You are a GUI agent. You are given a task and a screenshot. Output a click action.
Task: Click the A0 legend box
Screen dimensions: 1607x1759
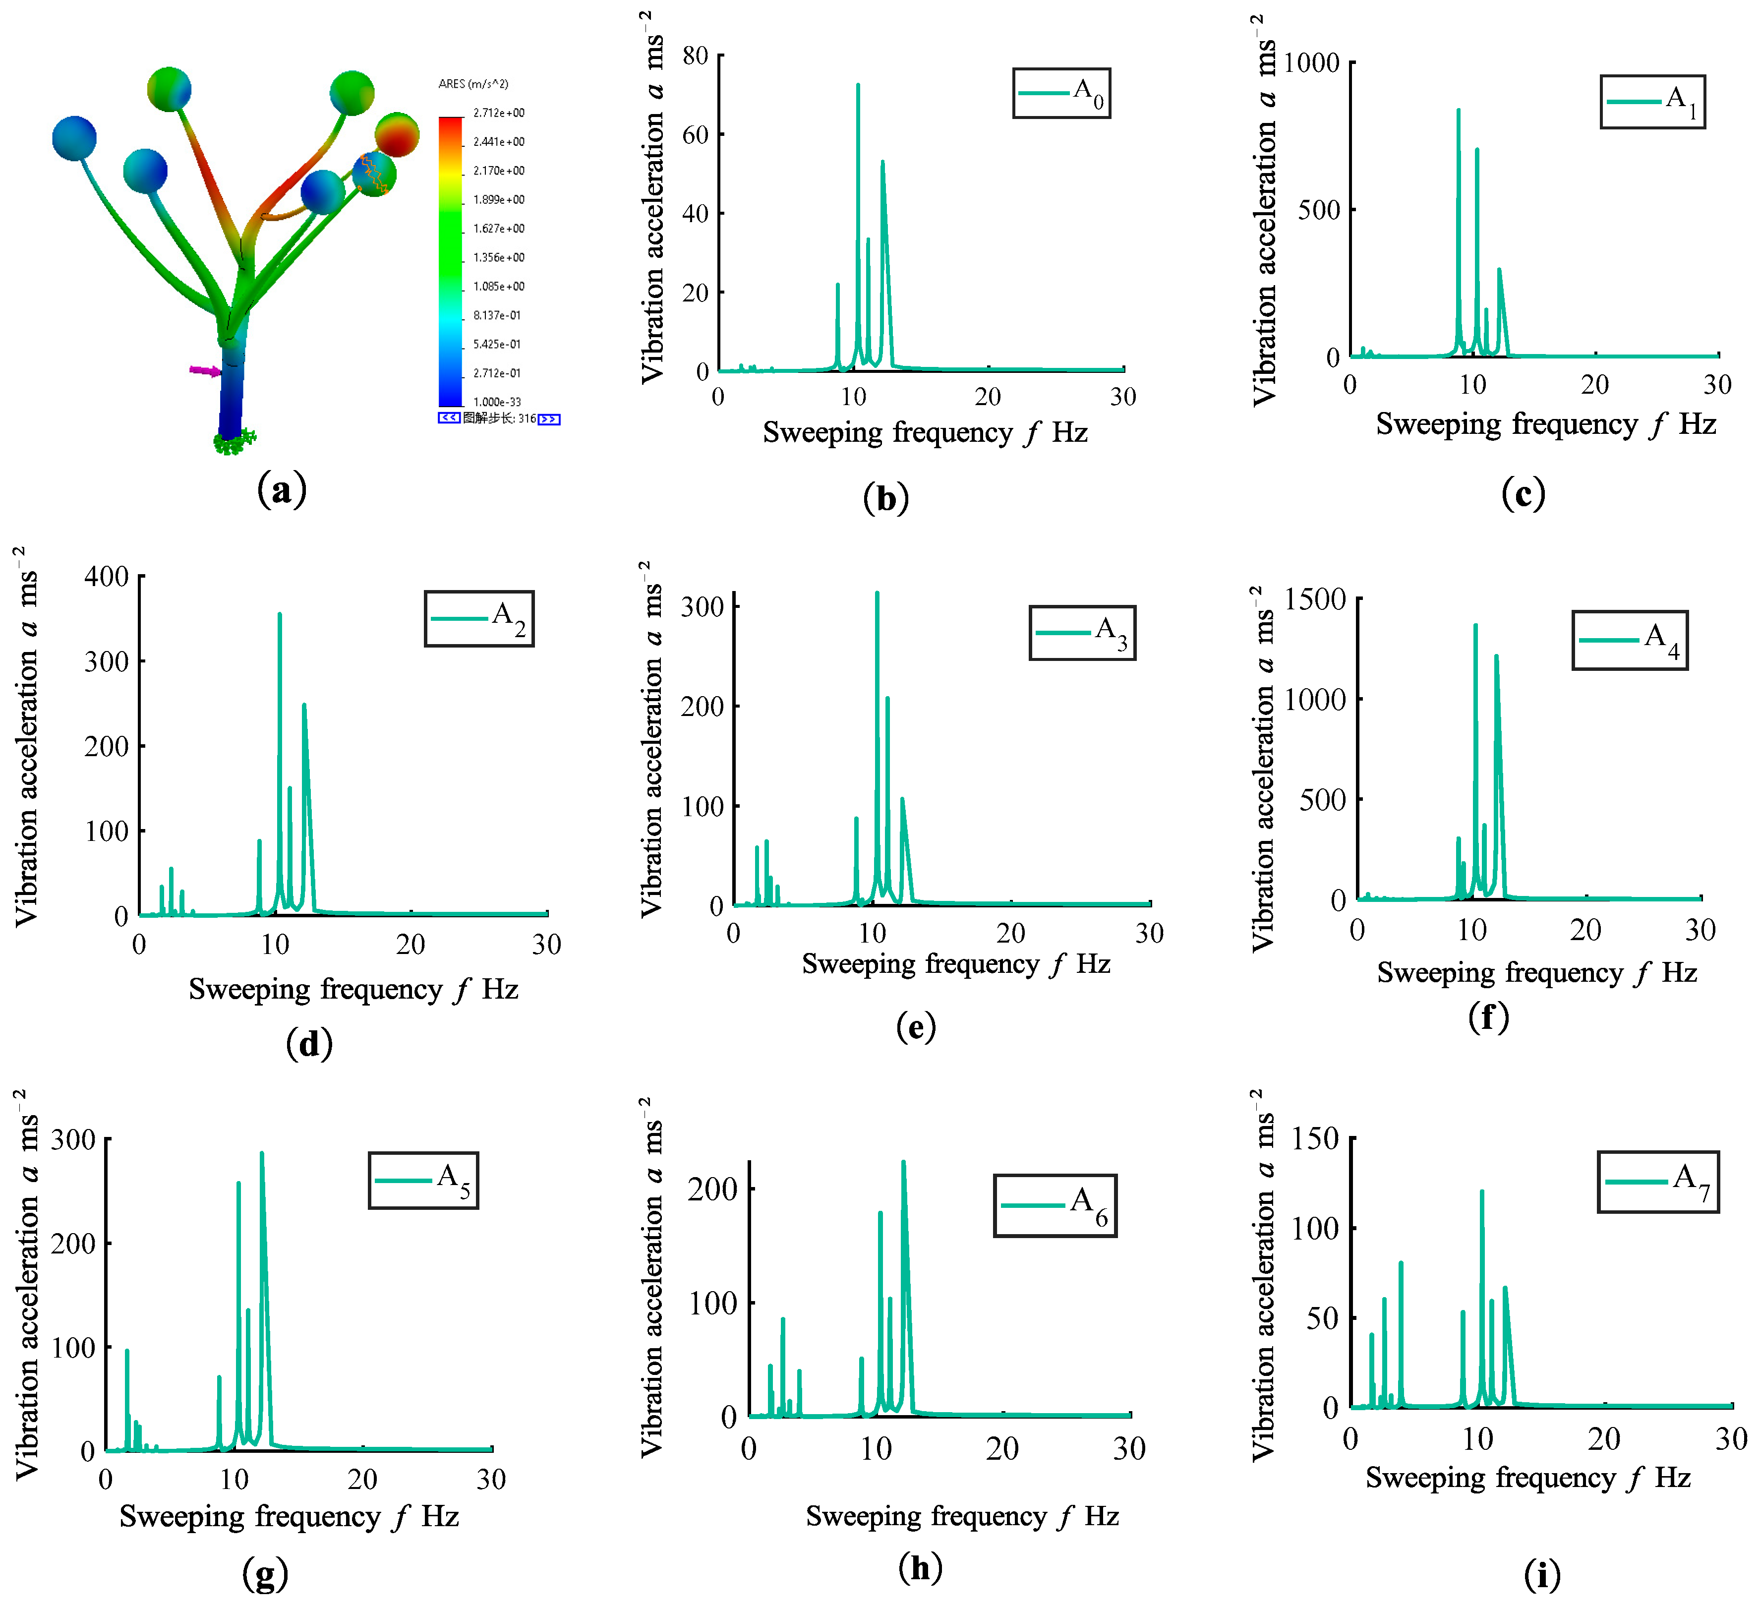[1061, 93]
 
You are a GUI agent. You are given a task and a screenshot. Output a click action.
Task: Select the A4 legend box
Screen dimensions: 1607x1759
[1629, 640]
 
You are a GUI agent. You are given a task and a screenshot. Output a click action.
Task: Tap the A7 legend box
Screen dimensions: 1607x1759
[1658, 1181]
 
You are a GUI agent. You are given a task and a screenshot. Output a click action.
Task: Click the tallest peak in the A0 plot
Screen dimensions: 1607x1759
[858, 85]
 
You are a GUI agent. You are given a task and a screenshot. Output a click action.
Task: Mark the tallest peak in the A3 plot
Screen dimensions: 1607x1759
[877, 593]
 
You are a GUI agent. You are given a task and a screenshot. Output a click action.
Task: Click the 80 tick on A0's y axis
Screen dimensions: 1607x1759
[696, 56]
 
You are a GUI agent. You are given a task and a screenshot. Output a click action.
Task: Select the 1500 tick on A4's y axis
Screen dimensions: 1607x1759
[1322, 599]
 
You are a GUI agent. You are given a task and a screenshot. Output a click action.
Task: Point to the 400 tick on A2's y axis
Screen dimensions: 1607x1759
[107, 576]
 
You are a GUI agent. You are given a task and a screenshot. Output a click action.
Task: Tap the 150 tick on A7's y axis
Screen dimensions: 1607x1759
[1316, 1138]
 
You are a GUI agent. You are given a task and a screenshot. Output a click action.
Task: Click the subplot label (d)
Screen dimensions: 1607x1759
[309, 1043]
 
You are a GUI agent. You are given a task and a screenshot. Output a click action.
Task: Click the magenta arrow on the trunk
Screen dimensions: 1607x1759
[206, 371]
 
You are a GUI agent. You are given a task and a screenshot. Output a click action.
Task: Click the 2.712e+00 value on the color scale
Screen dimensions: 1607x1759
[498, 113]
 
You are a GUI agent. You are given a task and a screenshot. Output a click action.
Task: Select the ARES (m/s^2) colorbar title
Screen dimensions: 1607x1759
[473, 84]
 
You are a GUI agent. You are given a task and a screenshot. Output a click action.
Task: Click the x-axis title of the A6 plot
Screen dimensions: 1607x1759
[961, 1515]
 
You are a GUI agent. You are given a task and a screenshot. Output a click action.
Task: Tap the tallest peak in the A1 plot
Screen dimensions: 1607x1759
[1458, 111]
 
